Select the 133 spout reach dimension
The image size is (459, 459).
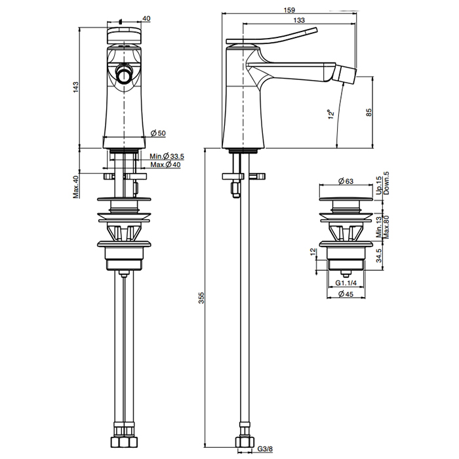tap(299, 21)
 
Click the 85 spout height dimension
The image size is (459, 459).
tap(370, 112)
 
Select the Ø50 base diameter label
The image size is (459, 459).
tap(158, 133)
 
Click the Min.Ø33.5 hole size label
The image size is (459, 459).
tap(166, 156)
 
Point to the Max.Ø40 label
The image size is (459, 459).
tap(165, 165)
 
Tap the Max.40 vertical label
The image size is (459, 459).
tap(76, 187)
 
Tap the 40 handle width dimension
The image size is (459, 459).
tap(146, 18)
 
